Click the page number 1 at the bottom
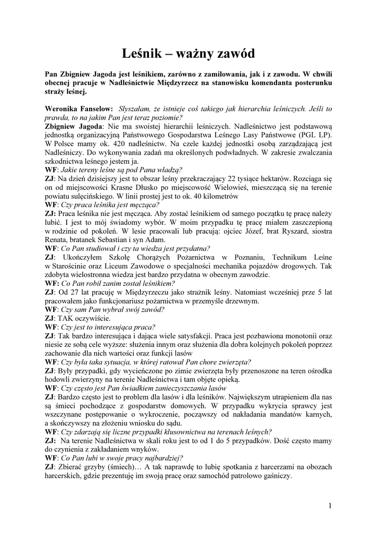[330, 504]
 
